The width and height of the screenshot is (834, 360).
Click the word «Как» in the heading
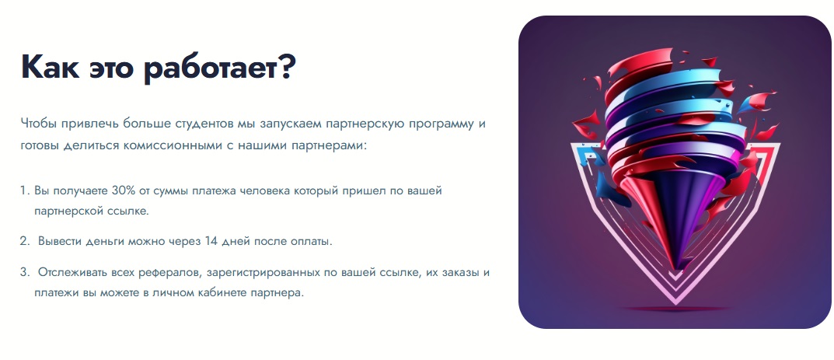click(x=51, y=68)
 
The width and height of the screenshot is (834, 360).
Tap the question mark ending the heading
click(x=285, y=68)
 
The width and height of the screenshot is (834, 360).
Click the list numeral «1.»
click(x=25, y=190)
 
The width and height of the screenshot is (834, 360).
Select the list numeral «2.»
click(x=25, y=241)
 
